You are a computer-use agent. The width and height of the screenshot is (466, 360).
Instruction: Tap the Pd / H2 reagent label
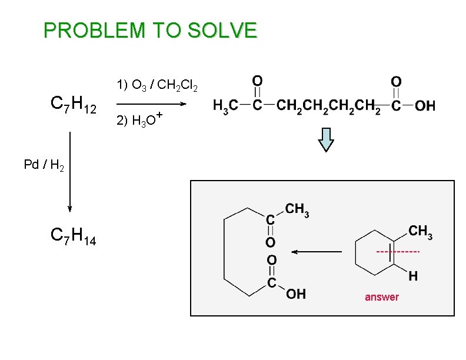pyautogui.click(x=44, y=165)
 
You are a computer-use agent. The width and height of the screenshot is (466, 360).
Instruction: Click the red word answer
pyautogui.click(x=381, y=297)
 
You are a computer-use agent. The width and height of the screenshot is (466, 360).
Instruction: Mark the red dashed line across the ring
pyautogui.click(x=398, y=252)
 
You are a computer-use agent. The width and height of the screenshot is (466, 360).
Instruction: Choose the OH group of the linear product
pyautogui.click(x=425, y=106)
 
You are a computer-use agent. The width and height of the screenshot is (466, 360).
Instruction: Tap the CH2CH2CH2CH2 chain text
pyautogui.click(x=328, y=106)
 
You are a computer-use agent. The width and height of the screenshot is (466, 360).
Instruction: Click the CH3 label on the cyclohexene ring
pyautogui.click(x=420, y=232)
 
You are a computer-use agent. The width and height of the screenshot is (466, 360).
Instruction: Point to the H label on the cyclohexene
pyautogui.click(x=414, y=275)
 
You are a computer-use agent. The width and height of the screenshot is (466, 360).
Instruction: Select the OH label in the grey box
pyautogui.click(x=297, y=294)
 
